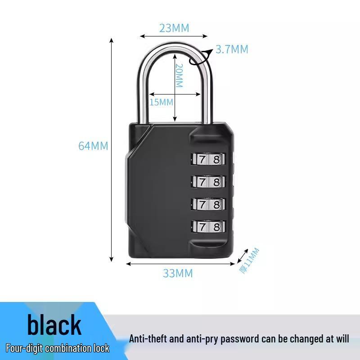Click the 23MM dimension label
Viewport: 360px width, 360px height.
coord(174,28)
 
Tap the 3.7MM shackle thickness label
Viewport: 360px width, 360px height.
coord(232,49)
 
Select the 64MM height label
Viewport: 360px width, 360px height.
coord(93,146)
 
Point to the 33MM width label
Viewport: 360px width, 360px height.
coord(178,273)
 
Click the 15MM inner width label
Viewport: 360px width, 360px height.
coord(161,102)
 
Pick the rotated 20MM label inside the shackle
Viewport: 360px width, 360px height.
coord(179,76)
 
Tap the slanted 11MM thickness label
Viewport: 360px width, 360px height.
coord(249,261)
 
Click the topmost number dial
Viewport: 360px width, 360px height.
coord(208,159)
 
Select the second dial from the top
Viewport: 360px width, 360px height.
coord(208,182)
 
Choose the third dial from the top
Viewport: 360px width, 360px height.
coord(208,204)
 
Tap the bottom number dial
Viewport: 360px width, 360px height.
coord(208,227)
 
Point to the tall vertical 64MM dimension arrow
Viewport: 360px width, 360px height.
coord(111,150)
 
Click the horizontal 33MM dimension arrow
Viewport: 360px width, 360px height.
coord(180,264)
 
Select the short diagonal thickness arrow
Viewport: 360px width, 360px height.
coord(243,256)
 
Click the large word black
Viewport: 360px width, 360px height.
coord(54,324)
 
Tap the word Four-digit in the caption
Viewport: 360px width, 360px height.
coord(24,348)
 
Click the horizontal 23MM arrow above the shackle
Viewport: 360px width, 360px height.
coord(174,36)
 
